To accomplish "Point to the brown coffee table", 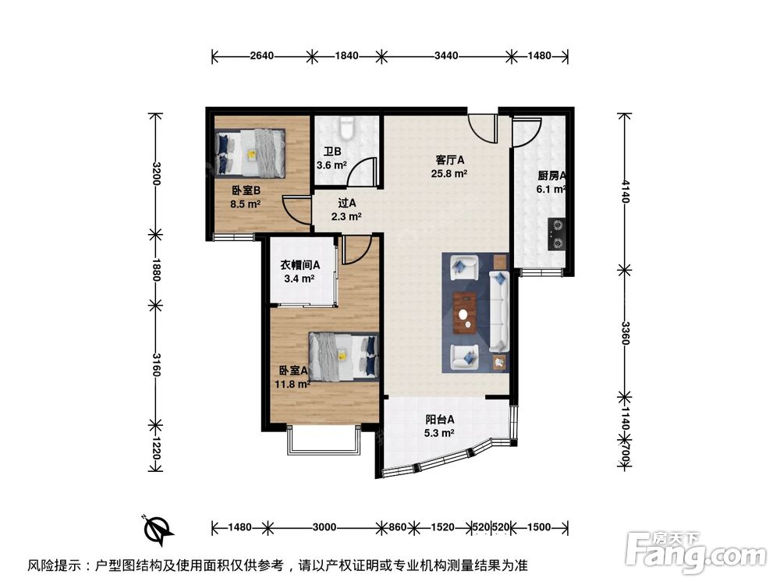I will [x=466, y=314].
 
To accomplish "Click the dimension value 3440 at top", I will [x=445, y=55].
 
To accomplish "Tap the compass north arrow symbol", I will [x=159, y=530].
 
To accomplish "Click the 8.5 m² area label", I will [x=244, y=204].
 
